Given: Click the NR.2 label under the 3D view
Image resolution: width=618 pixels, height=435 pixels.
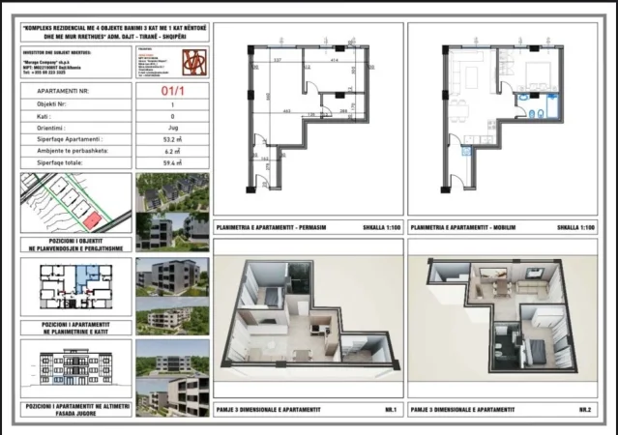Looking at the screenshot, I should pos(585,411).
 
